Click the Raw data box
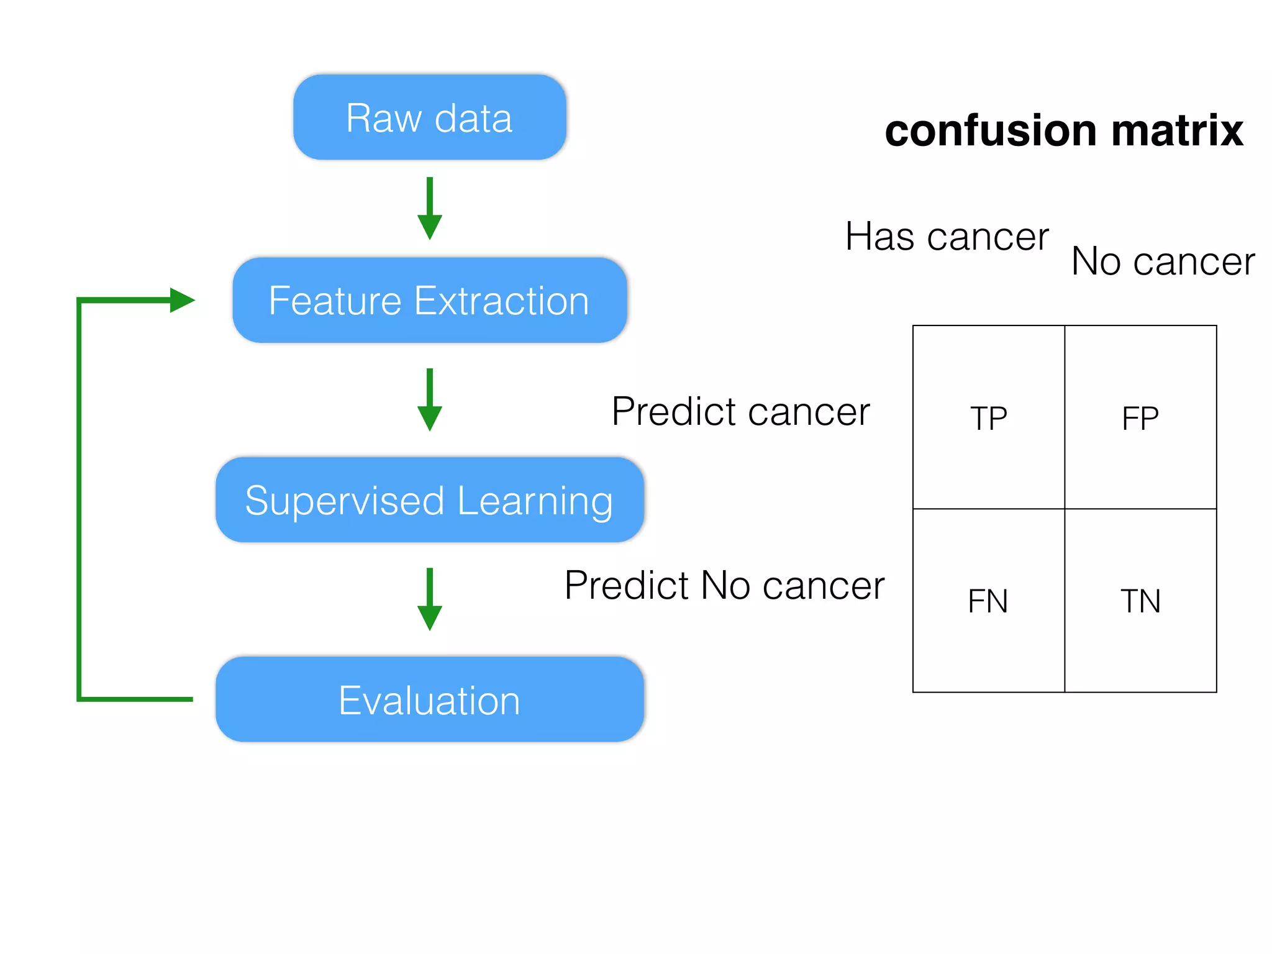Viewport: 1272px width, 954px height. [x=429, y=117]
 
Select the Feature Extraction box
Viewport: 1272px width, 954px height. [x=429, y=301]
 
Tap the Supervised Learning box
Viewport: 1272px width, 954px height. [x=429, y=500]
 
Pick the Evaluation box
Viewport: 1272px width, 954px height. [x=429, y=700]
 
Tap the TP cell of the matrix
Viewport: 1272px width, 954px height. [x=988, y=417]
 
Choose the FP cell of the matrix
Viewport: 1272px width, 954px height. [x=1140, y=417]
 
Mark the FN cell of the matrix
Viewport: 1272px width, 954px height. [x=988, y=601]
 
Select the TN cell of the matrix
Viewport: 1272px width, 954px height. [x=1140, y=601]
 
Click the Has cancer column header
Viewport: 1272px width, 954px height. [x=947, y=237]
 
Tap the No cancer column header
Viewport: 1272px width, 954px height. [x=1163, y=261]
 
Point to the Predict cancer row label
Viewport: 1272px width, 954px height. [x=740, y=412]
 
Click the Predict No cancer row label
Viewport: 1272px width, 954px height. [x=724, y=586]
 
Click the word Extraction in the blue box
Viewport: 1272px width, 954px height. [x=501, y=301]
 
